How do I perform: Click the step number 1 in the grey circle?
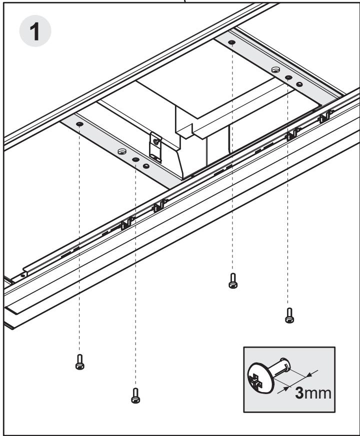click(35, 31)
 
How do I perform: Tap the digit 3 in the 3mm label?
click(299, 393)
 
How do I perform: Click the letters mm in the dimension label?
click(317, 394)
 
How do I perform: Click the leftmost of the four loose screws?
click(79, 362)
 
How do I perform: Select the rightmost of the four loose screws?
click(289, 315)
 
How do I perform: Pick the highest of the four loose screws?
click(233, 281)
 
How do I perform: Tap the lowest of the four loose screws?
click(135, 396)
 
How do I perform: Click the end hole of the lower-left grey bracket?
click(79, 124)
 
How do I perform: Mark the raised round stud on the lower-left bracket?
click(122, 151)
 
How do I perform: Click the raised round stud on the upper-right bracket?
click(275, 69)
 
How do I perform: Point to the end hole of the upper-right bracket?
click(231, 42)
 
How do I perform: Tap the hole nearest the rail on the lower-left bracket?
click(146, 166)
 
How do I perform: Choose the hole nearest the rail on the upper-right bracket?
click(299, 84)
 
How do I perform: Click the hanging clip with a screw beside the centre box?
click(155, 147)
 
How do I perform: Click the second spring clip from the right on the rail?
click(292, 134)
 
